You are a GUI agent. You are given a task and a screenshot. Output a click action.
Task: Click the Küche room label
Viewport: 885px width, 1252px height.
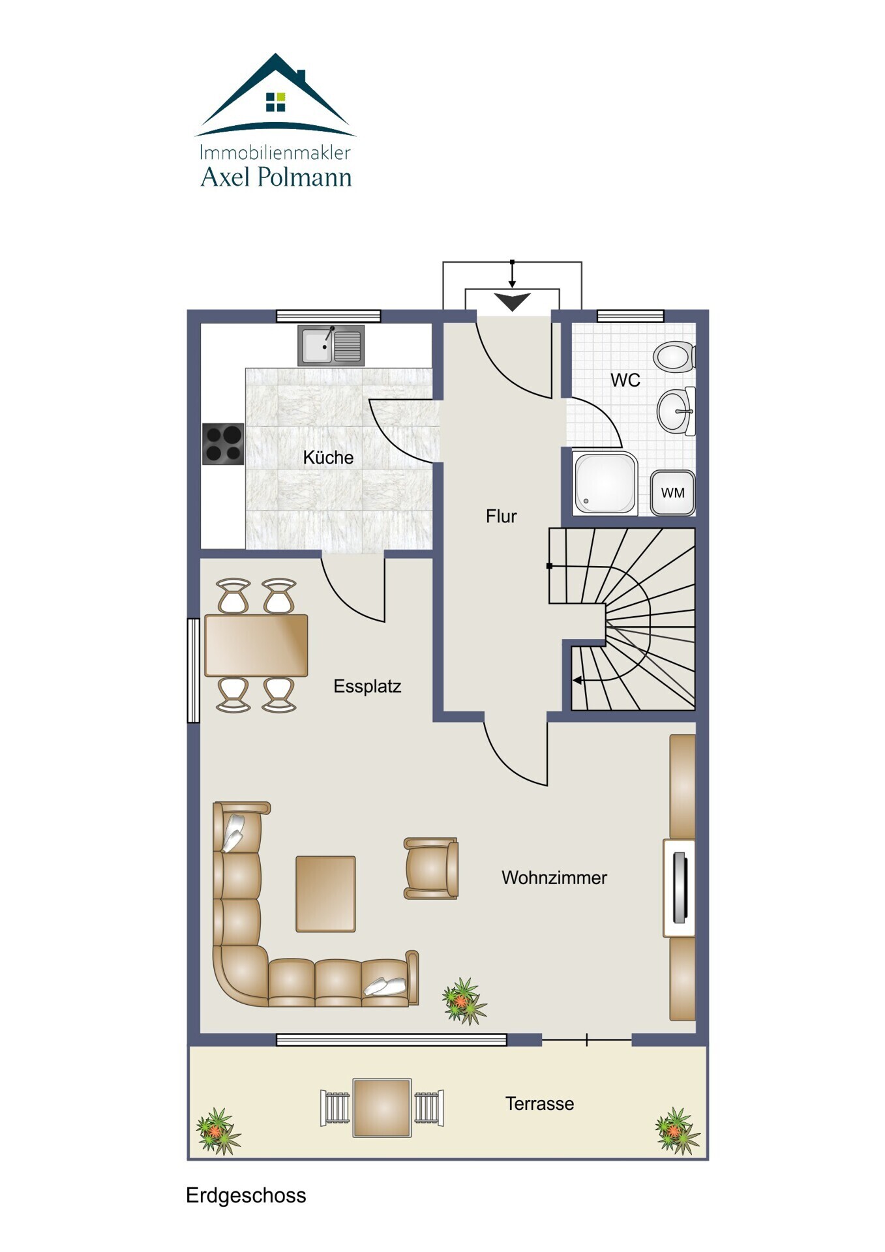pyautogui.click(x=328, y=457)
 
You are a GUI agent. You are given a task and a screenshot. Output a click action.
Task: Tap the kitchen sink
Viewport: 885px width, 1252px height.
pyautogui.click(x=331, y=345)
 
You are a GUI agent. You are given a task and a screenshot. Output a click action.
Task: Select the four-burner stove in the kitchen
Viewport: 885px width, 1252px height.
pyautogui.click(x=223, y=444)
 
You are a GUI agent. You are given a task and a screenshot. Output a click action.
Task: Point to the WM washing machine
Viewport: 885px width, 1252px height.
pyautogui.click(x=672, y=492)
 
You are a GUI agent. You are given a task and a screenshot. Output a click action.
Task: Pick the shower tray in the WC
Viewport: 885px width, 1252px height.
pyautogui.click(x=605, y=483)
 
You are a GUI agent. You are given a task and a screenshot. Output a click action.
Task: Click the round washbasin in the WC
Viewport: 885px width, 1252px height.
pyautogui.click(x=676, y=411)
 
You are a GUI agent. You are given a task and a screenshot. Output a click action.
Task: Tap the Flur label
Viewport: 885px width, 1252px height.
pyautogui.click(x=501, y=516)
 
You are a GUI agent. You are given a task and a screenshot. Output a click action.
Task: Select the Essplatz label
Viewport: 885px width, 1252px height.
pyautogui.click(x=367, y=686)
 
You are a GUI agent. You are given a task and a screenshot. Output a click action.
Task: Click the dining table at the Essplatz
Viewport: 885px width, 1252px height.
pyautogui.click(x=256, y=645)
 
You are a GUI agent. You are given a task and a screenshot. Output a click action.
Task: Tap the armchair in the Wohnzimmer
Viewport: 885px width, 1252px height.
pyautogui.click(x=431, y=869)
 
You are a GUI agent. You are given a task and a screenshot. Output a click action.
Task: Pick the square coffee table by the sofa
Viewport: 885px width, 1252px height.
pyautogui.click(x=325, y=894)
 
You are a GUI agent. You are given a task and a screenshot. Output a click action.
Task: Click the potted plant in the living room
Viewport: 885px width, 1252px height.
pyautogui.click(x=464, y=1001)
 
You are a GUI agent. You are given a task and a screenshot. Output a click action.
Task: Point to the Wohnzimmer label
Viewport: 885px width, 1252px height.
pyautogui.click(x=554, y=878)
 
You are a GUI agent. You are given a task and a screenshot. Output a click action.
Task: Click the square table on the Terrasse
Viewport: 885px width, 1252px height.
pyautogui.click(x=382, y=1108)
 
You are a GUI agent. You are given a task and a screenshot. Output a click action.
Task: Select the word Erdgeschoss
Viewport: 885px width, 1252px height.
pyautogui.click(x=246, y=1195)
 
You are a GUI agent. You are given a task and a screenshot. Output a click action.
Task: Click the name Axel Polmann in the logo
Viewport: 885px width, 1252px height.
pyautogui.click(x=276, y=177)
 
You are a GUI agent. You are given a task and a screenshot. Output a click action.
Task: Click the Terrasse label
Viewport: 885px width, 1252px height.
pyautogui.click(x=539, y=1103)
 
